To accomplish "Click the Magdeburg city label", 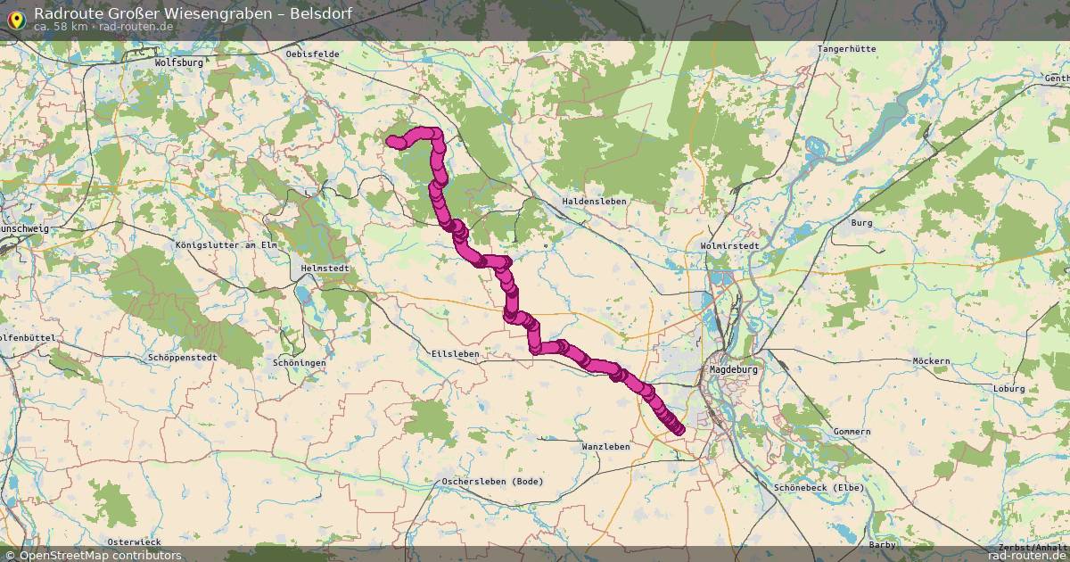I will point(733,369).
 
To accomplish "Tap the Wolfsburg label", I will point(179,63).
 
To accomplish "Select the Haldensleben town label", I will point(594,202).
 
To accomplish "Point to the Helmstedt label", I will point(325,269).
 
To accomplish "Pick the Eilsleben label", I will point(455,354).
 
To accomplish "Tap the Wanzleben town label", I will point(605,446).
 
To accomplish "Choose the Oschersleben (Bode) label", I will point(492,482).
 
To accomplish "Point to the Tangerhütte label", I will point(846,49).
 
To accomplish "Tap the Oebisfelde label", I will point(312,54).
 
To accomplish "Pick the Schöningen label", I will point(300,363).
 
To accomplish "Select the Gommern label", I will point(852,432).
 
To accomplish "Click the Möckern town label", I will point(931,361).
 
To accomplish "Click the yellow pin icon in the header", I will point(16,18).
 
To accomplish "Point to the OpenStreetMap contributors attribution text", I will point(100,556).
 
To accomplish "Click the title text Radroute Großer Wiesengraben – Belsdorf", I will point(193,13).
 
